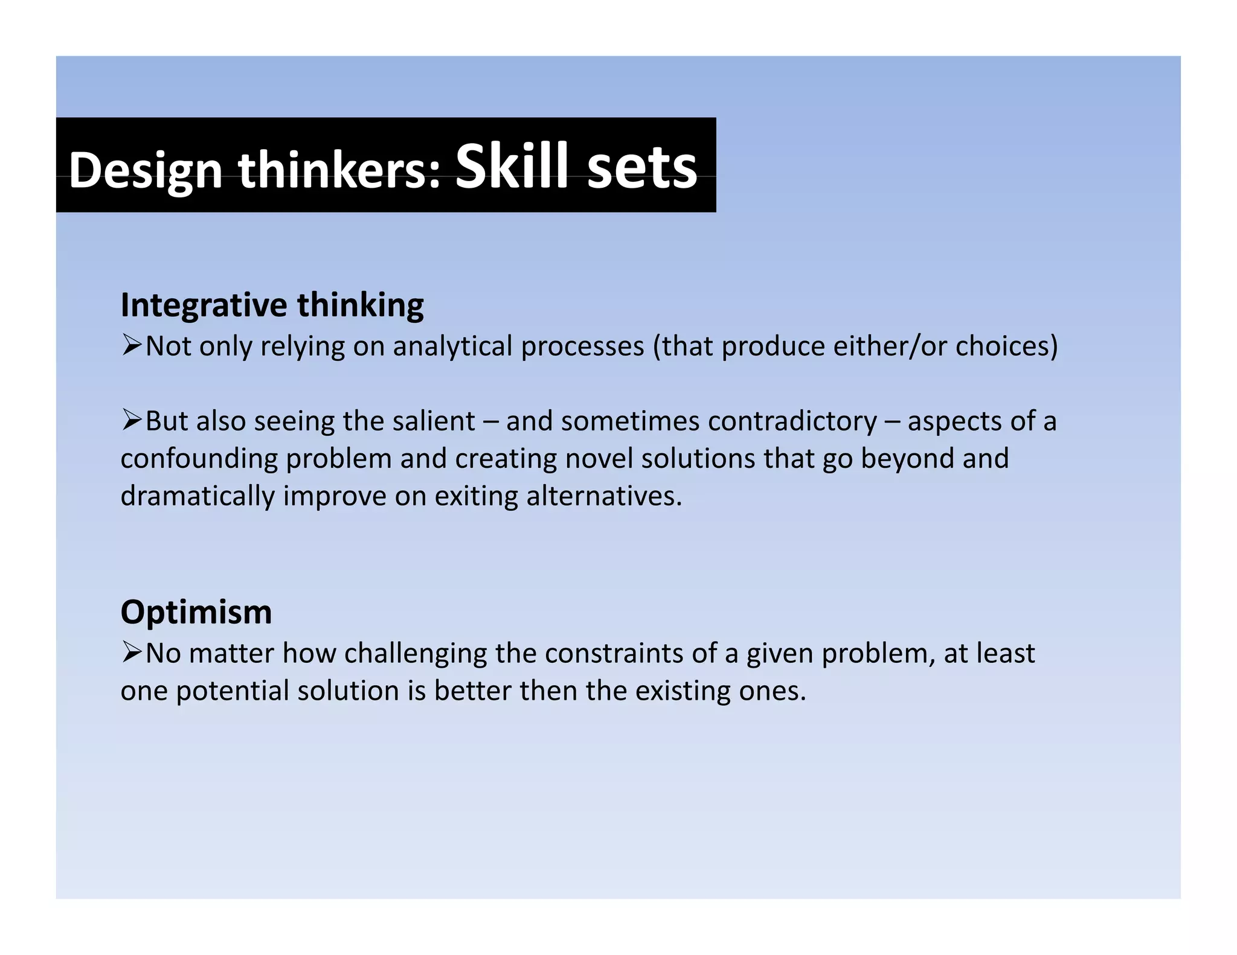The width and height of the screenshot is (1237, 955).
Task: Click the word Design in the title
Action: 146,171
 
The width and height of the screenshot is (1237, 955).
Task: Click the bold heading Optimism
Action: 196,612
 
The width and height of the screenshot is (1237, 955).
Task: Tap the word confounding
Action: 198,459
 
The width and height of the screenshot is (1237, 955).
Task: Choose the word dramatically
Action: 197,496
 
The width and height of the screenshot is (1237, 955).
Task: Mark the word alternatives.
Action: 604,496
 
